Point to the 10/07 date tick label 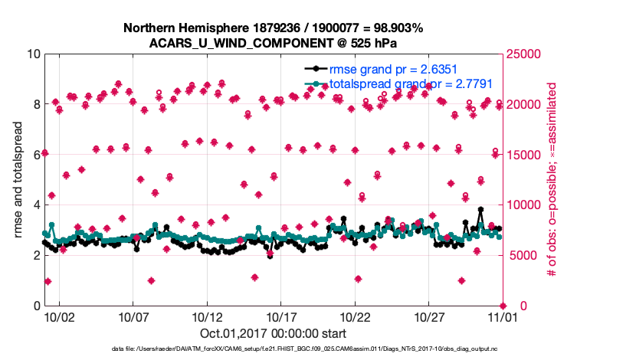[133, 316]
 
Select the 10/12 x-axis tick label [207, 316]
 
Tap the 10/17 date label [281, 316]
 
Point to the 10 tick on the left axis [32, 54]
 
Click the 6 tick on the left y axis [36, 155]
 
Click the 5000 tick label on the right [522, 256]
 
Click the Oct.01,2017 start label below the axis [272, 333]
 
